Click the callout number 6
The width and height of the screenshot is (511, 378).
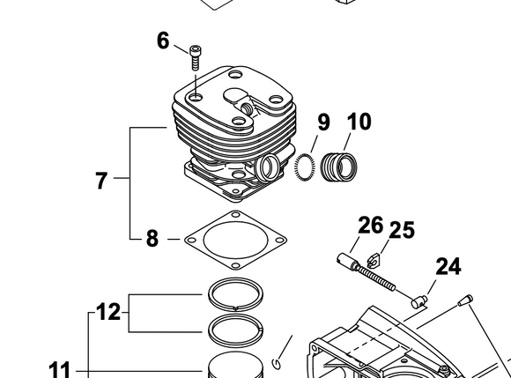(x=163, y=41)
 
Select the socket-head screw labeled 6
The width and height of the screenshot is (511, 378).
(x=196, y=57)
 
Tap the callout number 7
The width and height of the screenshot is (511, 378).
(x=101, y=181)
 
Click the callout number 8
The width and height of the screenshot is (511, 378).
(x=152, y=239)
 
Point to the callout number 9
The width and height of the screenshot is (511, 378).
(x=323, y=122)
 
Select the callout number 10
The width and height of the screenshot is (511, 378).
(x=359, y=122)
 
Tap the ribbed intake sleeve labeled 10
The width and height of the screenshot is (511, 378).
(x=339, y=167)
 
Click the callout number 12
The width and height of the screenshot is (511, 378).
(x=108, y=312)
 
